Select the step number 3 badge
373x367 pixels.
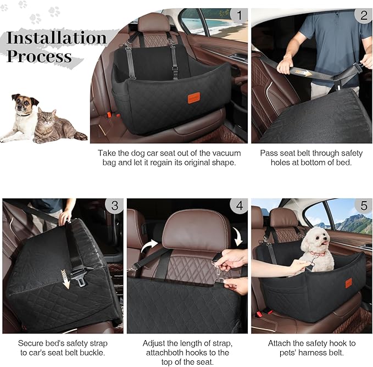113,207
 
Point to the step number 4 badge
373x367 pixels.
238,207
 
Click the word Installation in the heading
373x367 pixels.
56,38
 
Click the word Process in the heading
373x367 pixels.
39,56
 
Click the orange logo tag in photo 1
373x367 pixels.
193,98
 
